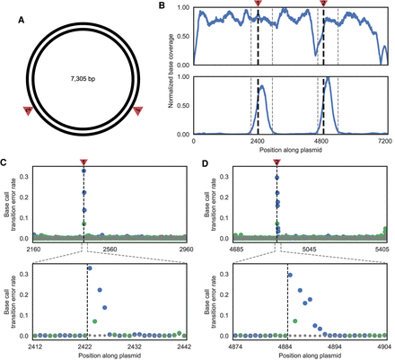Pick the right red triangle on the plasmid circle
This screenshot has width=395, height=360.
[x=138, y=110]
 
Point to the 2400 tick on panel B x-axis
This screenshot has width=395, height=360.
[x=258, y=142]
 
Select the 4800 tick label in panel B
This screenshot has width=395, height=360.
[x=322, y=142]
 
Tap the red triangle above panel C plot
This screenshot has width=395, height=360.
[x=83, y=162]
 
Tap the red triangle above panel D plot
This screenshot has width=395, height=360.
[x=276, y=162]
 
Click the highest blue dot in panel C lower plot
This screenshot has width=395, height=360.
[x=89, y=268]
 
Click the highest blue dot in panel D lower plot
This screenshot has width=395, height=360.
[x=289, y=275]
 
